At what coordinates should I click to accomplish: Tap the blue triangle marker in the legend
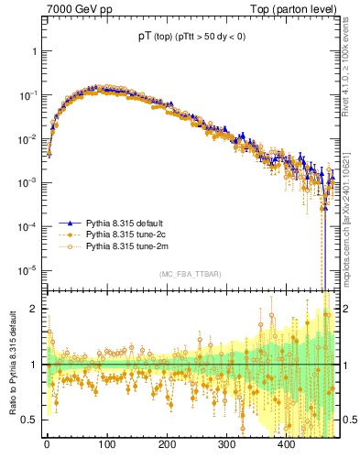click(70, 223)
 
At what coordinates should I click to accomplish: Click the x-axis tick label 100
click(106, 443)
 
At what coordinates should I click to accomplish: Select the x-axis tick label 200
click(166, 443)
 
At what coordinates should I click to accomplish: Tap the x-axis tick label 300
click(226, 443)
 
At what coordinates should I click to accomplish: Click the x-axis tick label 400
click(286, 443)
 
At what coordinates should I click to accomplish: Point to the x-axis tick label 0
click(47, 443)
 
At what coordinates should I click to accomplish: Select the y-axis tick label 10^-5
click(30, 269)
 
